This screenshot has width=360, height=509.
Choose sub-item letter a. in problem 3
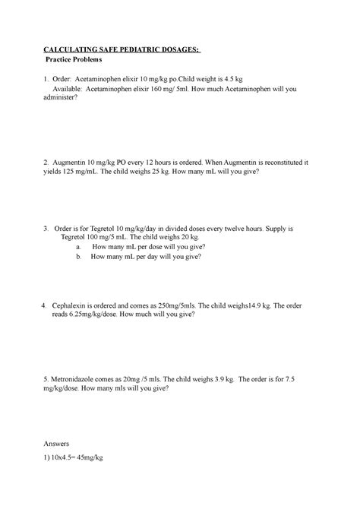coord(79,248)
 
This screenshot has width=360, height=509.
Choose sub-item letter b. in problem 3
coord(79,258)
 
